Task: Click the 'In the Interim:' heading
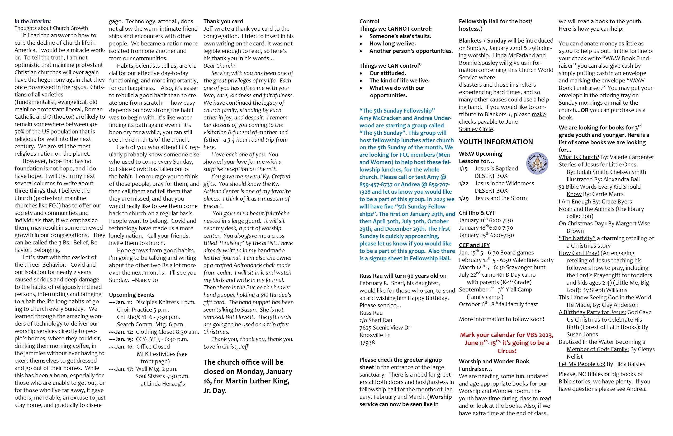[32, 21]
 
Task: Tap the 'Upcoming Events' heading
[131, 295]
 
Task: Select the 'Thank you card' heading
[223, 21]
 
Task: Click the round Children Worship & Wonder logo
[537, 164]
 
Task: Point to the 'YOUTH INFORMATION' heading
[496, 142]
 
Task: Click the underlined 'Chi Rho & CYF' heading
[477, 213]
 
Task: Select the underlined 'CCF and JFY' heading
[474, 245]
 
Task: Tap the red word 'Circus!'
[507, 351]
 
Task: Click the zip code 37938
[367, 342]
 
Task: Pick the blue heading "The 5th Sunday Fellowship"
[397, 111]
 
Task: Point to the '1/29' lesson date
[463, 198]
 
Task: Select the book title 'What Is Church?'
[579, 157]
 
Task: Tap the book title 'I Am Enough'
[575, 202]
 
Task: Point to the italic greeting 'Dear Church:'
[219, 66]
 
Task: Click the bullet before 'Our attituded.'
[361, 73]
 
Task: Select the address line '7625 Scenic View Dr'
[385, 328]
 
